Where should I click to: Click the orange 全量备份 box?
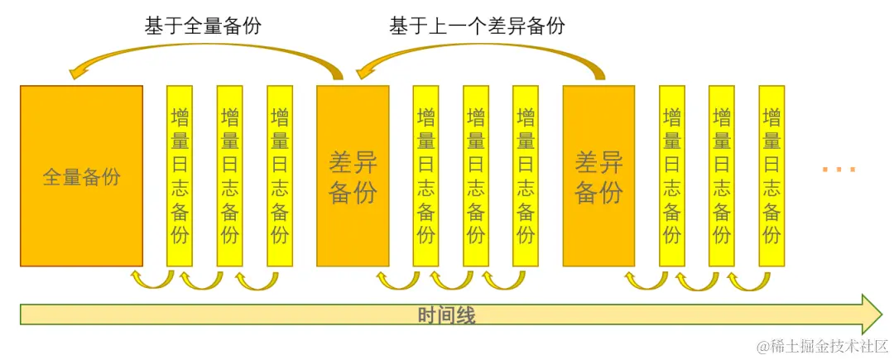tap(80, 175)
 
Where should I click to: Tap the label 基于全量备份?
tap(202, 26)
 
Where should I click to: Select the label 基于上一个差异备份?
tap(477, 26)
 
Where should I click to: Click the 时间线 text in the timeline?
tap(446, 315)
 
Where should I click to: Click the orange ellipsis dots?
tap(839, 170)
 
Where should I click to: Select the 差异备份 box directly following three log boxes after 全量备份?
tap(353, 175)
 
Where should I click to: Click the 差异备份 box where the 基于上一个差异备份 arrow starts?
tap(598, 175)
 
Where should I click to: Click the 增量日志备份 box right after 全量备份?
tap(180, 175)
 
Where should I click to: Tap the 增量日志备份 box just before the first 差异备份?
tap(280, 175)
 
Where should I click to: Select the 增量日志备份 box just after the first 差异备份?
tap(426, 175)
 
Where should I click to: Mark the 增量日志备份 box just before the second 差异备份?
tap(525, 175)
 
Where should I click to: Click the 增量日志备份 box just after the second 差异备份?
tap(672, 175)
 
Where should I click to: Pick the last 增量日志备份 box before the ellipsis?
tap(771, 175)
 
